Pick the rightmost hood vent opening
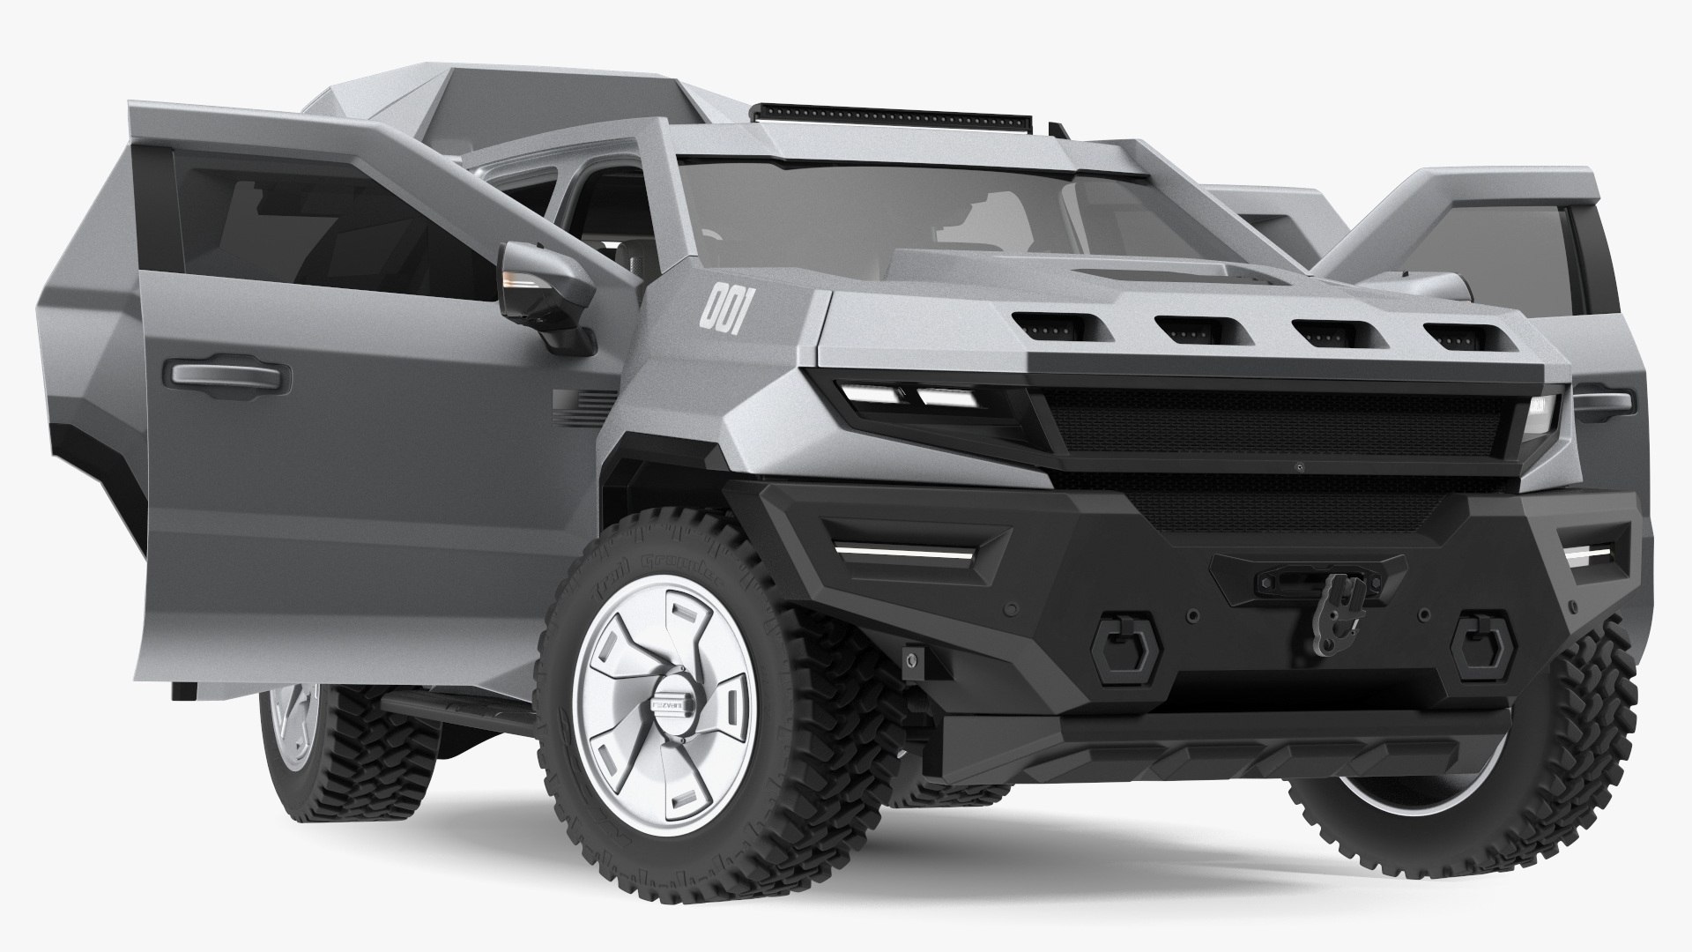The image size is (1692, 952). [x=1458, y=337]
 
